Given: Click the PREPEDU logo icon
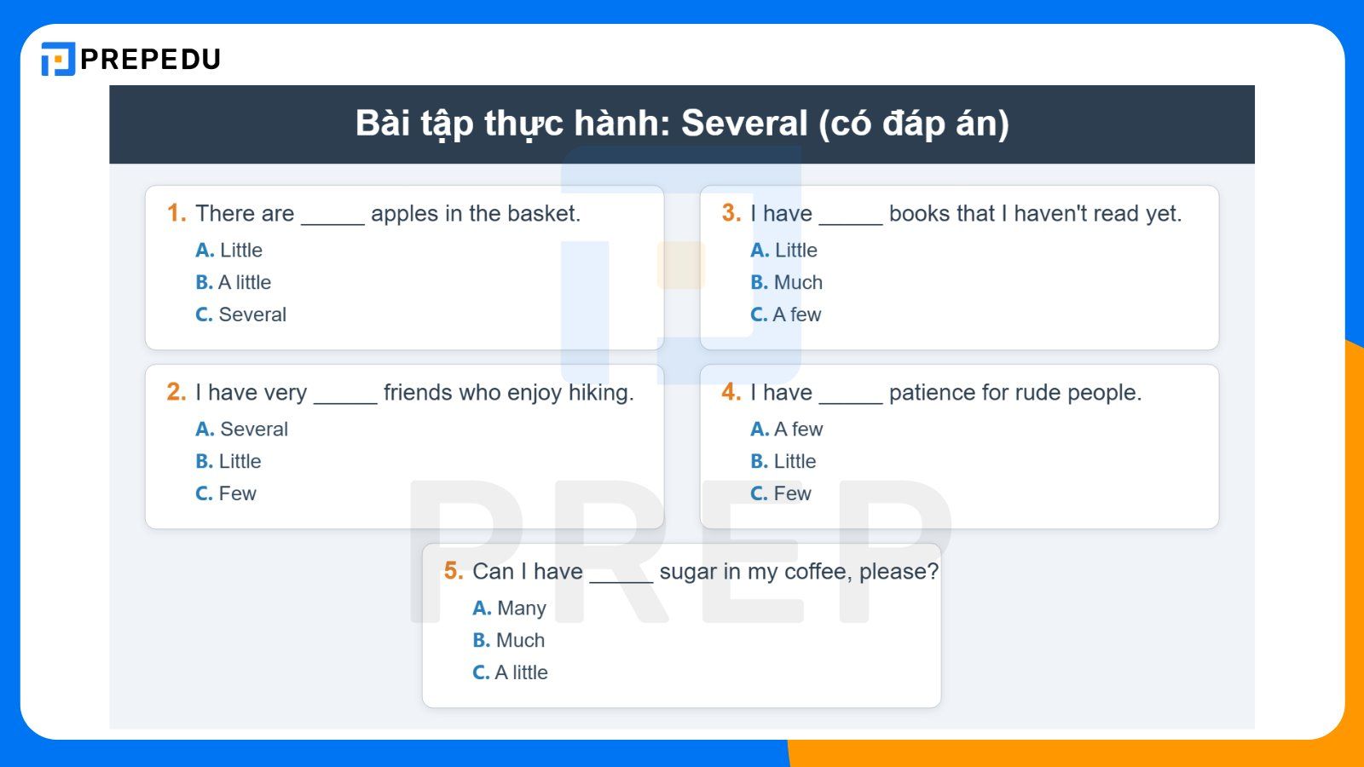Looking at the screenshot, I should [x=58, y=59].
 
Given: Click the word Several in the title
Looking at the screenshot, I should [x=743, y=124].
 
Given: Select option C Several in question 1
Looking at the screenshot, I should [x=241, y=314].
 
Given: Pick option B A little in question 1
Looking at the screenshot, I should [x=234, y=282].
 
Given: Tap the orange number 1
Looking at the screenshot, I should [x=176, y=213].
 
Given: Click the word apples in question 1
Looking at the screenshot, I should [x=404, y=213].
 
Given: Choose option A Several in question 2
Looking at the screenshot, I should [x=242, y=429].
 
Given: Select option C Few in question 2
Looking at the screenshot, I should [x=226, y=493].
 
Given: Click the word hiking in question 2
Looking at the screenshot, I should [x=600, y=392].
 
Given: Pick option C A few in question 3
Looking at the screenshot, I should [x=786, y=314].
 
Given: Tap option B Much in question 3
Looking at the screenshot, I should [x=787, y=282].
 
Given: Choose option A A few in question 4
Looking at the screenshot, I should [x=787, y=429].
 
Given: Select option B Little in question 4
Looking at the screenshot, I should [x=783, y=461].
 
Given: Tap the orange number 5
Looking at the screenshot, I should [x=453, y=571].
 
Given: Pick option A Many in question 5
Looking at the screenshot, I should [x=510, y=608].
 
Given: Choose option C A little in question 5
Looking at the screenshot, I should [x=511, y=672].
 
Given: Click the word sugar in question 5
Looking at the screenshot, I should [x=687, y=571].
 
